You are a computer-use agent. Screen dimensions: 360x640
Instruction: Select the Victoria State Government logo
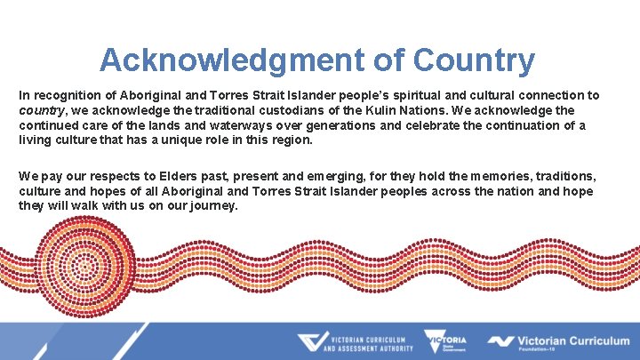445,342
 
